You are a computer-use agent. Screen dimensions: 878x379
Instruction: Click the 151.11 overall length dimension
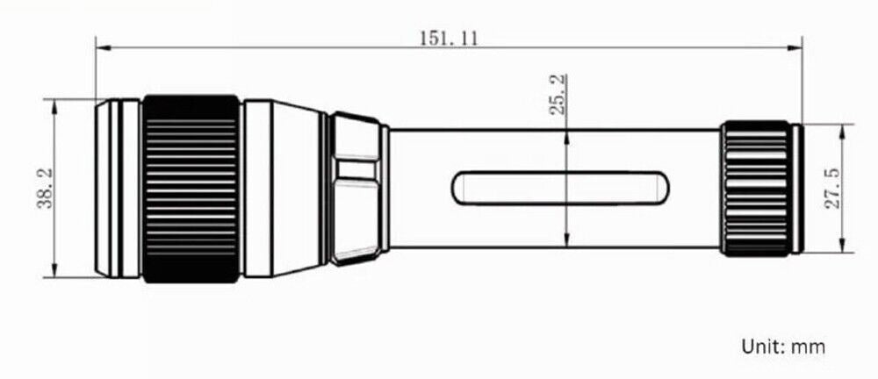pyautogui.click(x=449, y=39)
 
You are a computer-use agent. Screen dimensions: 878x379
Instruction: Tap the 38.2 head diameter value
pyautogui.click(x=45, y=189)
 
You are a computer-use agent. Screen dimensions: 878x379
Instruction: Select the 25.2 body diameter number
pyautogui.click(x=558, y=94)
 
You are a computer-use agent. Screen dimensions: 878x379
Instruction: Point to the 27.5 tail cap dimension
pyautogui.click(x=834, y=189)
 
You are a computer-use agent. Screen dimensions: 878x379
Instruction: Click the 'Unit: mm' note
pyautogui.click(x=783, y=346)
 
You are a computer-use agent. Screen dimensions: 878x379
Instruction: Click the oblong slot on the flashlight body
pyautogui.click(x=560, y=188)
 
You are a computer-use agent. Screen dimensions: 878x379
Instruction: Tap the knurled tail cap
pyautogui.click(x=757, y=188)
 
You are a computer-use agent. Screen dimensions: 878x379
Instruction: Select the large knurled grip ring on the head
pyautogui.click(x=191, y=189)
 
